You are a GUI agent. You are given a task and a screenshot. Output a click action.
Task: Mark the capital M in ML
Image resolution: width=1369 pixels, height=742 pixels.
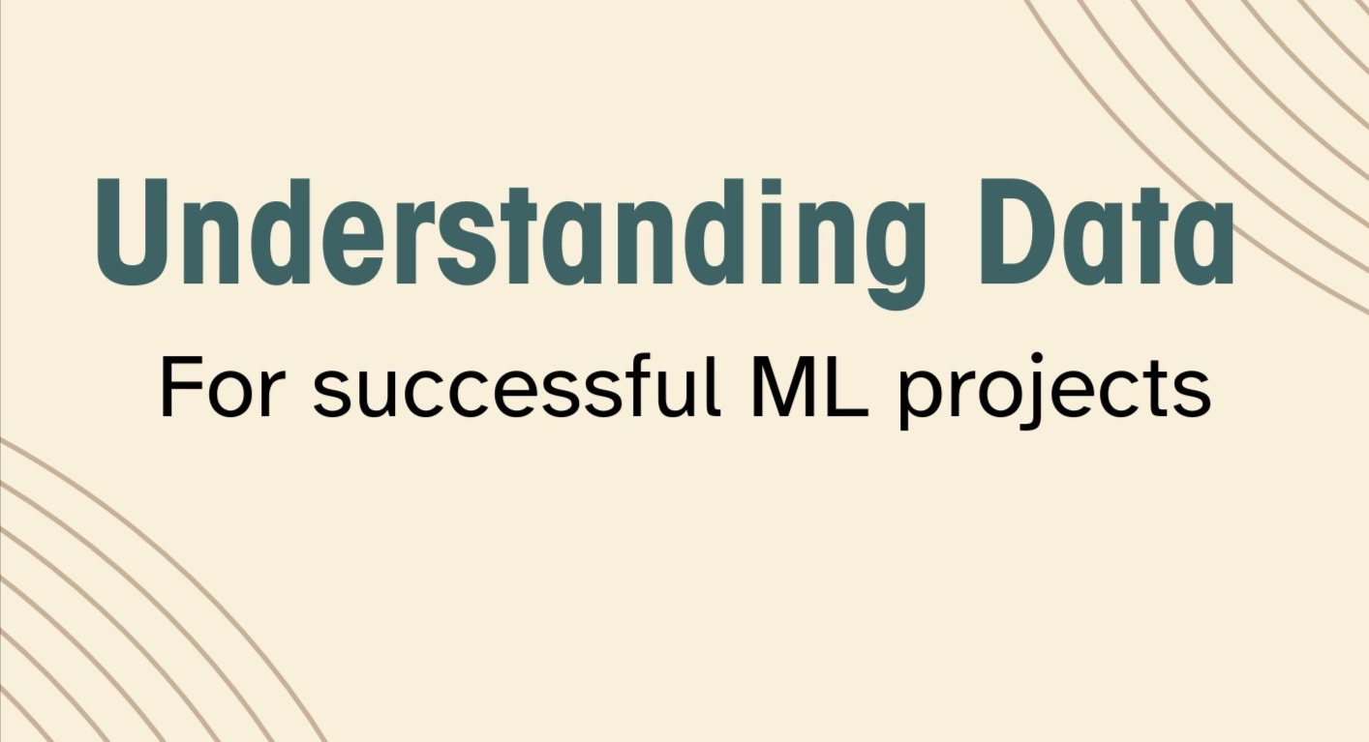[785, 386]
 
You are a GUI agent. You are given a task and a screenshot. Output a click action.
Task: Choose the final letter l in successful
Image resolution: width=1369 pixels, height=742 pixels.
[715, 384]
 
